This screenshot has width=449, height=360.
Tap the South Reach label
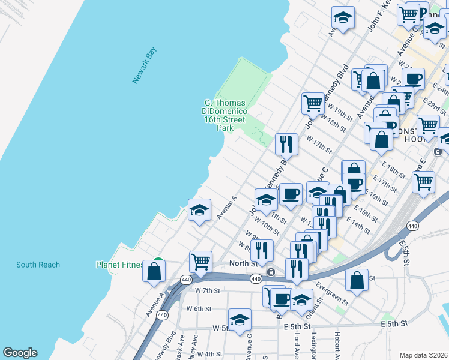(38, 265)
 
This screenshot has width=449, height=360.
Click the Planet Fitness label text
(119, 265)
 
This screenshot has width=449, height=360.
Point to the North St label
(243, 263)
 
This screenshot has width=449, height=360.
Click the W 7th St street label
(208, 290)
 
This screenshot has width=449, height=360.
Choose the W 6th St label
(199, 309)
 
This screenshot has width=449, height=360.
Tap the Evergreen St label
(332, 293)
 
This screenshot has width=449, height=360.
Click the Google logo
(20, 353)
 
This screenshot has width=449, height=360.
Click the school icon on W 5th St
(240, 319)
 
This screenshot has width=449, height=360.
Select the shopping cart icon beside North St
(200, 261)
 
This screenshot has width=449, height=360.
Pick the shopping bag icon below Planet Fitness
(154, 271)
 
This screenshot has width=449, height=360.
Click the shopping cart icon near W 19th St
(313, 103)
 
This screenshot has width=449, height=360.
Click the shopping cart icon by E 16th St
(423, 181)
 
